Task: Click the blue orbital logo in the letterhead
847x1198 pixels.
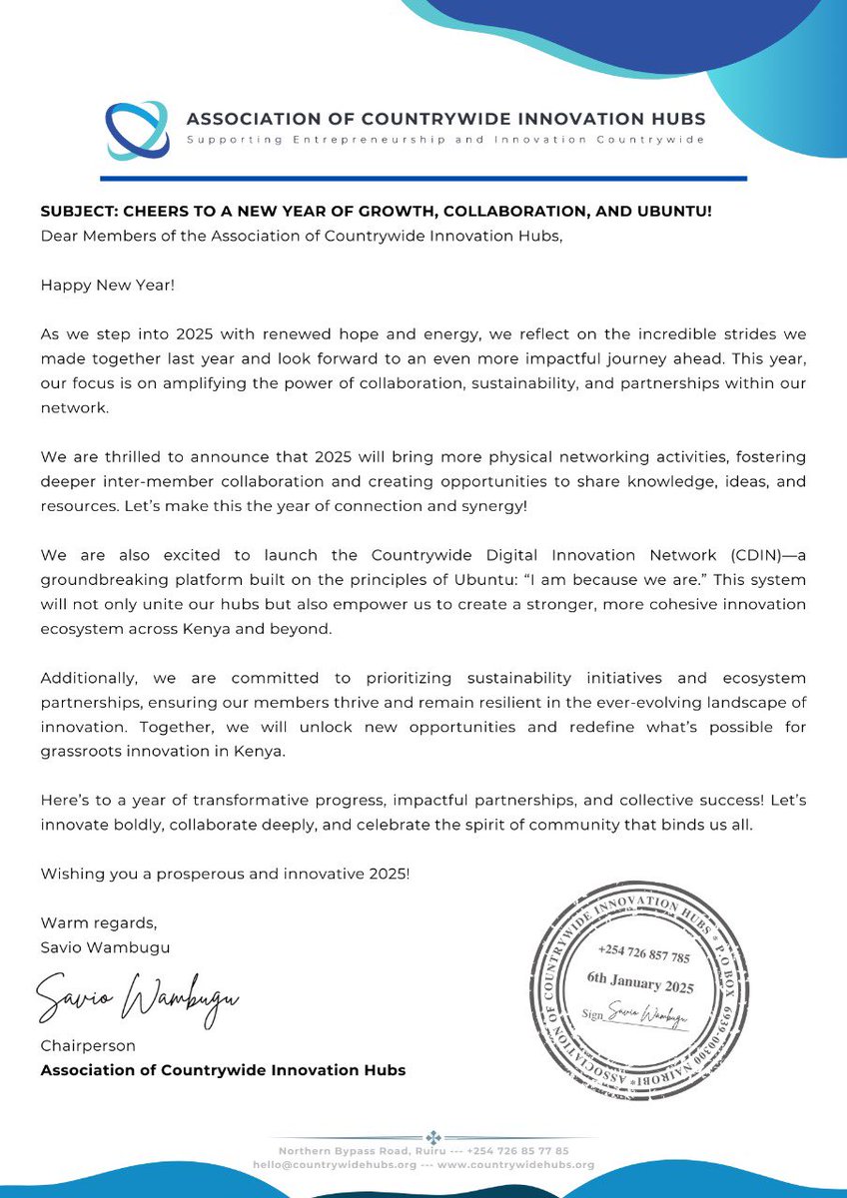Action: tap(138, 130)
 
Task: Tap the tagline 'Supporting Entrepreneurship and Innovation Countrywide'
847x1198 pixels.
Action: tap(445, 140)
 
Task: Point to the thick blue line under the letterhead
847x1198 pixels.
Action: tap(424, 179)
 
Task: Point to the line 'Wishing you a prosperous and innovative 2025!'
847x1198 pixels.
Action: tap(225, 874)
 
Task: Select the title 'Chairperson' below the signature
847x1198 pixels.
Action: tap(87, 1046)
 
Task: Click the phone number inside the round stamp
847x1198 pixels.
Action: tap(644, 956)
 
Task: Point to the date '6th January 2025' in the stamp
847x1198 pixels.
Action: tap(639, 987)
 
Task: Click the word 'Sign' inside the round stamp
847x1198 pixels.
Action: tap(594, 1012)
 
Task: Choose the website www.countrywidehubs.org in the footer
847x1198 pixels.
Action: tap(516, 1164)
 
